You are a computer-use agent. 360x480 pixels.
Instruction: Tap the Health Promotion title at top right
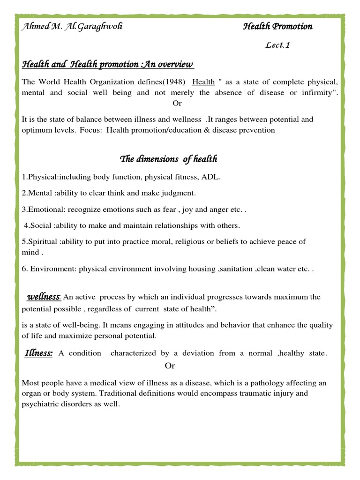pos(277,26)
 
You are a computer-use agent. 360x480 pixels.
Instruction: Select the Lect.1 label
pos(281,45)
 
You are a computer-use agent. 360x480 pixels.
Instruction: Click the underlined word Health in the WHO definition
pos(203,82)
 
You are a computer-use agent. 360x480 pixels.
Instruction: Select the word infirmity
pos(319,92)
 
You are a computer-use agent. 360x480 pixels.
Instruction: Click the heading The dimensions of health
pos(169,159)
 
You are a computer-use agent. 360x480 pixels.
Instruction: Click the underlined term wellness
pos(44,297)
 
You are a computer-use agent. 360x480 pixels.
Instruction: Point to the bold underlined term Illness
pos(38,353)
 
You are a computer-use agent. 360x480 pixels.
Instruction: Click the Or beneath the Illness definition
pos(170,366)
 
